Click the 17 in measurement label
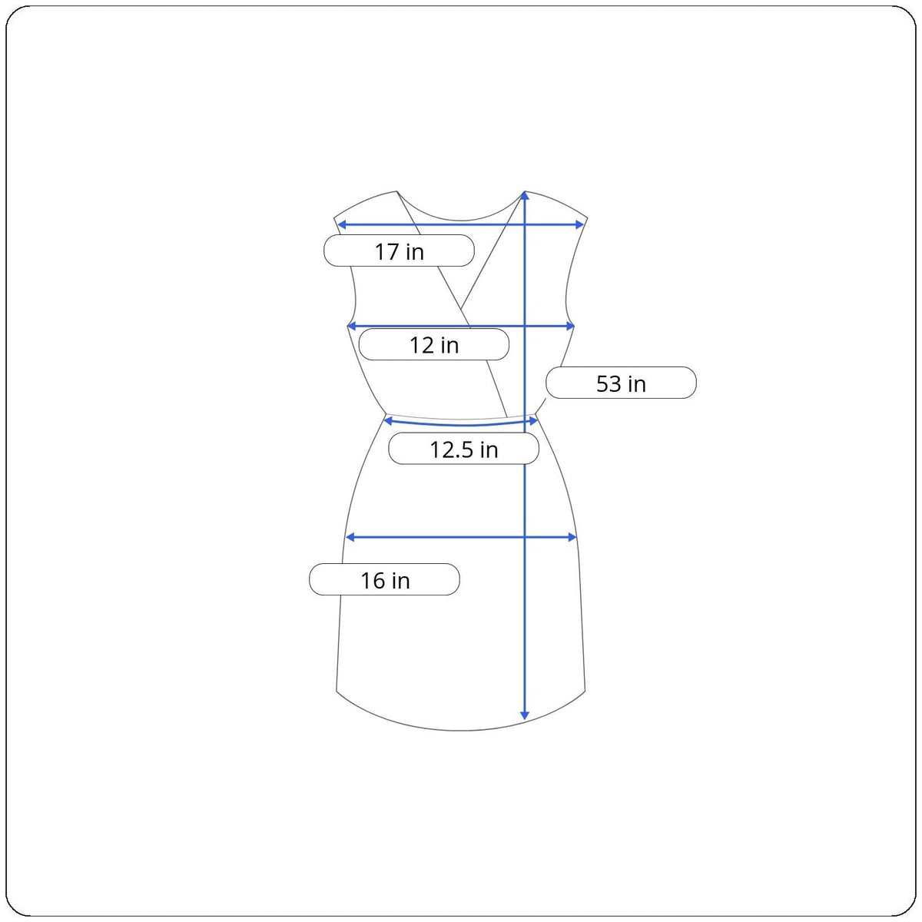pos(399,250)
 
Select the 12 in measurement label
pos(434,344)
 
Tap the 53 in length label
pos(621,383)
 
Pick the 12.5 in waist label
pos(463,449)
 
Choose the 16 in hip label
pos(385,579)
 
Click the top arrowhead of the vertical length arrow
pos(525,195)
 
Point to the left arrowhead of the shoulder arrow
pos(342,225)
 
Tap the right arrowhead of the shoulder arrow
pos(579,225)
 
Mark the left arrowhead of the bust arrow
pos(352,327)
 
